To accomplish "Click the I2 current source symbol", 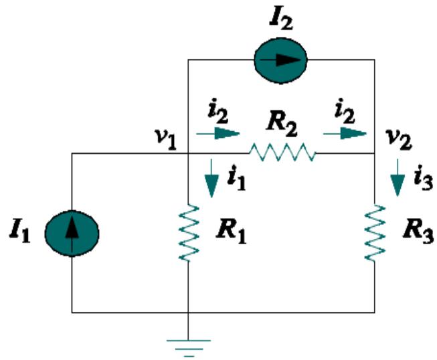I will click(x=280, y=60).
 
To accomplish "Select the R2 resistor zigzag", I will click(x=282, y=153).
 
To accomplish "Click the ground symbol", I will click(x=189, y=345).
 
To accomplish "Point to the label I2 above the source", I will click(x=280, y=18).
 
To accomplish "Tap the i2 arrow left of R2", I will click(x=217, y=133).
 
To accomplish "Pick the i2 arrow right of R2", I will click(x=345, y=133).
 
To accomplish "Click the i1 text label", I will click(x=236, y=177).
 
